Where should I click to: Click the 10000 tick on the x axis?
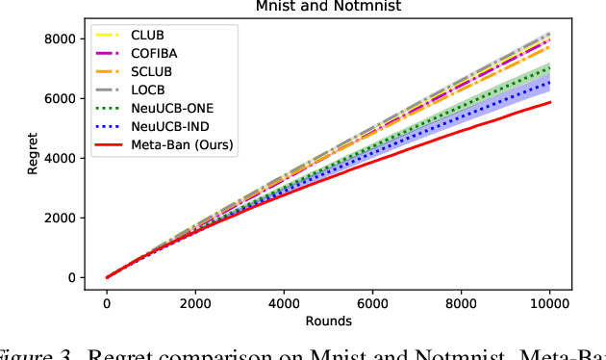(549, 302)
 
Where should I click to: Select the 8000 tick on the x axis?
(461, 302)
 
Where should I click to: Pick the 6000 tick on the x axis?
(372, 302)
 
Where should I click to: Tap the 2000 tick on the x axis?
(195, 302)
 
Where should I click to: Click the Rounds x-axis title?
(327, 320)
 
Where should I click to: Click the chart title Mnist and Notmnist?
(327, 7)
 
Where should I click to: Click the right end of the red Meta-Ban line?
(549, 102)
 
